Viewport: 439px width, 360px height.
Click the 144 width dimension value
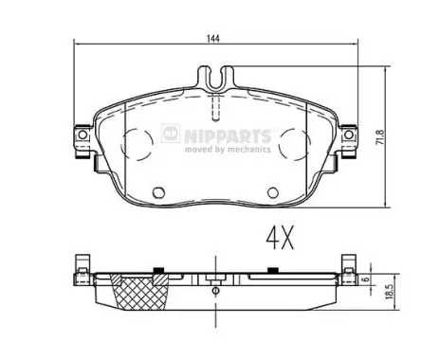pyautogui.click(x=213, y=39)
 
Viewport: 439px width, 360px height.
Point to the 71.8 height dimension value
pyautogui.click(x=381, y=137)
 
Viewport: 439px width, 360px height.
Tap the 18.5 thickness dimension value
pyautogui.click(x=390, y=291)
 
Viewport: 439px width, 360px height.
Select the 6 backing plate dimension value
pyautogui.click(x=366, y=279)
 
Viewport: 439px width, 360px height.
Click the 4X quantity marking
pyautogui.click(x=280, y=238)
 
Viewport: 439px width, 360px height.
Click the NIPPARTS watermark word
pyautogui.click(x=228, y=136)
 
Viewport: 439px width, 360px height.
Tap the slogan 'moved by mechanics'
pyautogui.click(x=228, y=149)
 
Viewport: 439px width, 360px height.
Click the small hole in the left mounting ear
pyautogui.click(x=82, y=135)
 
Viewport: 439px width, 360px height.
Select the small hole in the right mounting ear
pyautogui.click(x=349, y=135)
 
